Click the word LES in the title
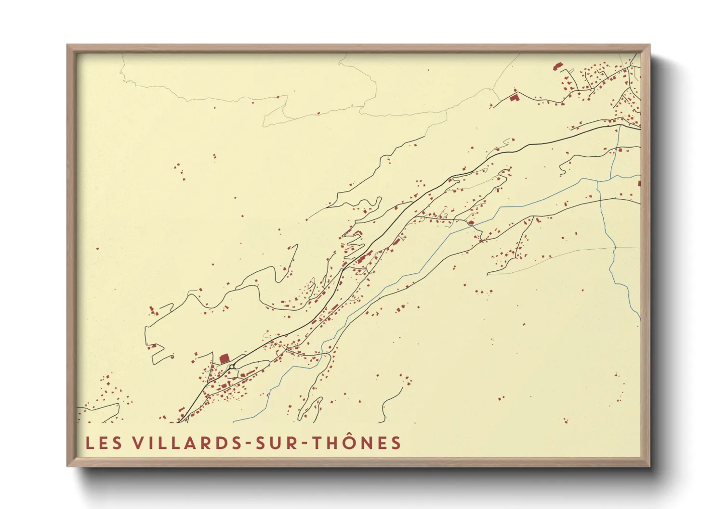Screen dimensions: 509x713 pyautogui.click(x=104, y=443)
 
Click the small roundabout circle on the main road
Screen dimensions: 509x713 pyautogui.click(x=232, y=367)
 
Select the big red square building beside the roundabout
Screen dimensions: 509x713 pyautogui.click(x=224, y=359)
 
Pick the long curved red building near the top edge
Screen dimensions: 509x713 pyautogui.click(x=558, y=65)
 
